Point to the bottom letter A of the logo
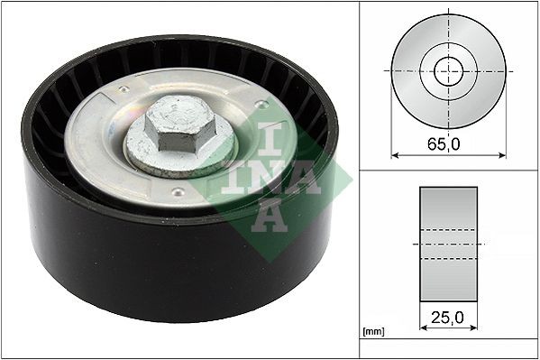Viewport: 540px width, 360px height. point(271,215)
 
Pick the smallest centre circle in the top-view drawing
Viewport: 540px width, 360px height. point(448,70)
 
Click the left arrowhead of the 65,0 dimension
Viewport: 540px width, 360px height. point(395,155)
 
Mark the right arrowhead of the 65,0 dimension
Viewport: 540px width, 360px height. point(502,155)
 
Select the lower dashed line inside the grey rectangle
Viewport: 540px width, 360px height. point(448,259)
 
